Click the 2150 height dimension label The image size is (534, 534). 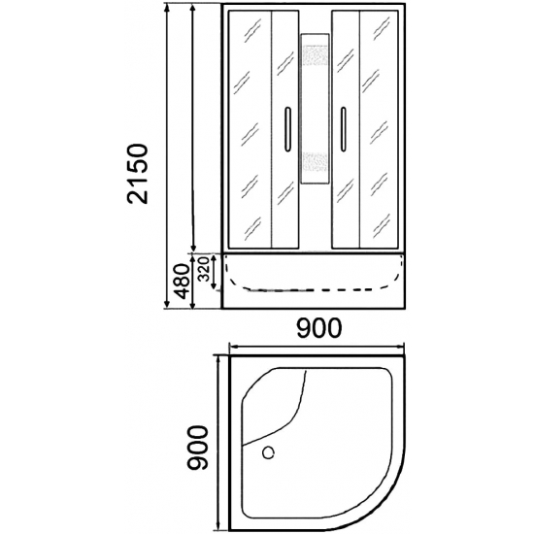(x=138, y=174)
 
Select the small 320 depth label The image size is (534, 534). (x=204, y=269)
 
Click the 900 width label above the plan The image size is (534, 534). (x=318, y=328)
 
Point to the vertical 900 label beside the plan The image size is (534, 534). (x=198, y=448)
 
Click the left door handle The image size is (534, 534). (x=287, y=129)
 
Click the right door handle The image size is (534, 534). (x=343, y=129)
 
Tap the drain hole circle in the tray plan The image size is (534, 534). (x=268, y=452)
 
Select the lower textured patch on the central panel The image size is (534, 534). (x=315, y=162)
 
